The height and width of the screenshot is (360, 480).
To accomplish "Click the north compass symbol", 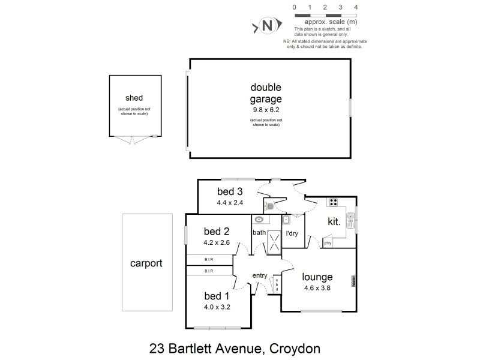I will pyautogui.click(x=268, y=26).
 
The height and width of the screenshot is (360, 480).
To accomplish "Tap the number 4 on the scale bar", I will pyautogui.click(x=356, y=7).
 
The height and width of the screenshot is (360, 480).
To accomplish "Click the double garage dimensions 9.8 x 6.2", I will pyautogui.click(x=265, y=110).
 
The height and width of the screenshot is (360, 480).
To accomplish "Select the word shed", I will pyautogui.click(x=134, y=98).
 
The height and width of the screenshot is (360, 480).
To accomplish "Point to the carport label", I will pyautogui.click(x=146, y=263).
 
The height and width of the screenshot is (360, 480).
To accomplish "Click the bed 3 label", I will pyautogui.click(x=230, y=192).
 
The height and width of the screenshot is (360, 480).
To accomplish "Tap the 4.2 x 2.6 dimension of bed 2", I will pyautogui.click(x=217, y=244).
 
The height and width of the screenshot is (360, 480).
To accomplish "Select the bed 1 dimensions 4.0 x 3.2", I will pyautogui.click(x=217, y=307).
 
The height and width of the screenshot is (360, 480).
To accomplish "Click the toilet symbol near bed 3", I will pyautogui.click(x=270, y=206).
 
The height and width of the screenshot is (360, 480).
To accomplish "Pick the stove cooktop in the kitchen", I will pyautogui.click(x=333, y=202).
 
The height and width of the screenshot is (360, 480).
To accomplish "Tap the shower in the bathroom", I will pyautogui.click(x=274, y=242).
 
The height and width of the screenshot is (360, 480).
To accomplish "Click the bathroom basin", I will pyautogui.click(x=259, y=220).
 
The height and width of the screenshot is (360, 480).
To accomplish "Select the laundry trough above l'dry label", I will pyautogui.click(x=286, y=220).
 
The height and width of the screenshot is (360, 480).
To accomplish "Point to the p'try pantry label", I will pyautogui.click(x=328, y=243).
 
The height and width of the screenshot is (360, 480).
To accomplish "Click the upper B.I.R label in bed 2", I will pyautogui.click(x=209, y=260).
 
